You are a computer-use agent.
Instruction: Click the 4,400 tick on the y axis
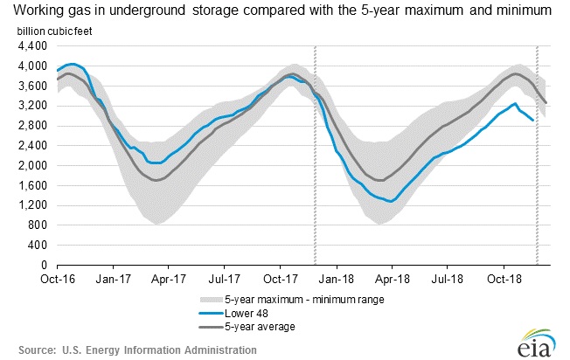pos(33,45)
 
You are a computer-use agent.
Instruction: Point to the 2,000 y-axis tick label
pos(33,165)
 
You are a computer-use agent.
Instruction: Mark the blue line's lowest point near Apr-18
pos(391,201)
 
